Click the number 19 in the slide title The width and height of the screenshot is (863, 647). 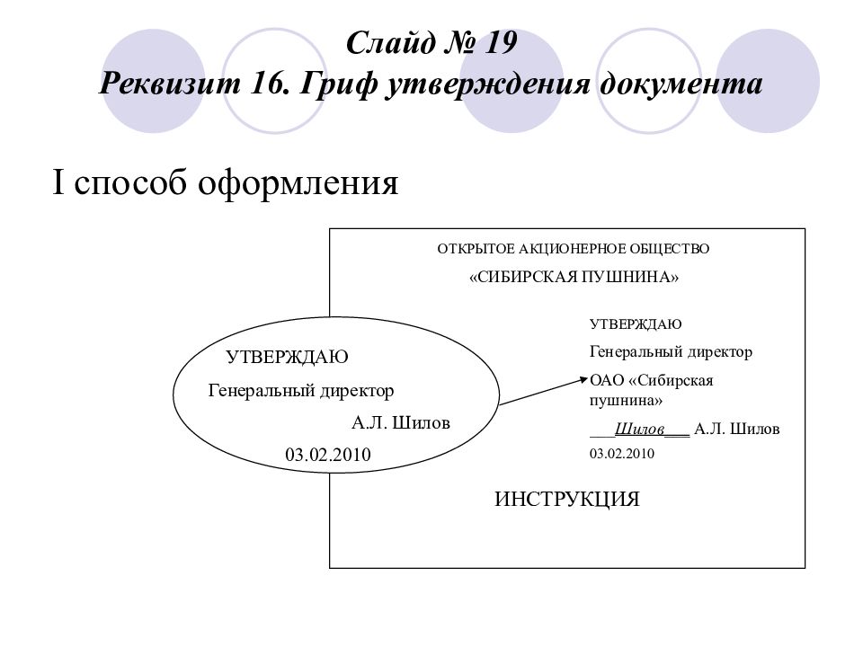(501, 43)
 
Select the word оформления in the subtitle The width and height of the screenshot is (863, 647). (298, 183)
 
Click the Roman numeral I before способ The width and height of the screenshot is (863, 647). (58, 182)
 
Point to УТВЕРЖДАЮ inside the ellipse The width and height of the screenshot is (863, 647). (287, 357)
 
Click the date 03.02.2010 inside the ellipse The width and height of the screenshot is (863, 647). (328, 455)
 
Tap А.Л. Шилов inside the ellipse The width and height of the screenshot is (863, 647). (401, 422)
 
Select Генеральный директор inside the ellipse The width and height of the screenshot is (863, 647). (301, 391)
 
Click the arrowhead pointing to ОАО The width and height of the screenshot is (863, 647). (584, 379)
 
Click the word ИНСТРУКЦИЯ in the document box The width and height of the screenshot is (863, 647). (567, 499)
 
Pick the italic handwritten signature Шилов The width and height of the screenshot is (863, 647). (639, 429)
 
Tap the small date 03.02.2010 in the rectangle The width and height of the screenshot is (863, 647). (622, 453)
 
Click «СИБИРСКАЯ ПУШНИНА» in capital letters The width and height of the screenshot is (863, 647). (574, 277)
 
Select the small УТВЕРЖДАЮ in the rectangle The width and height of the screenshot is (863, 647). (636, 324)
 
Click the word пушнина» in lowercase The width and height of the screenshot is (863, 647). (626, 400)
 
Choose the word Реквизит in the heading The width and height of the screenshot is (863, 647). (170, 84)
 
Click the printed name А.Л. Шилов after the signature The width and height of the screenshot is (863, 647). (737, 429)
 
